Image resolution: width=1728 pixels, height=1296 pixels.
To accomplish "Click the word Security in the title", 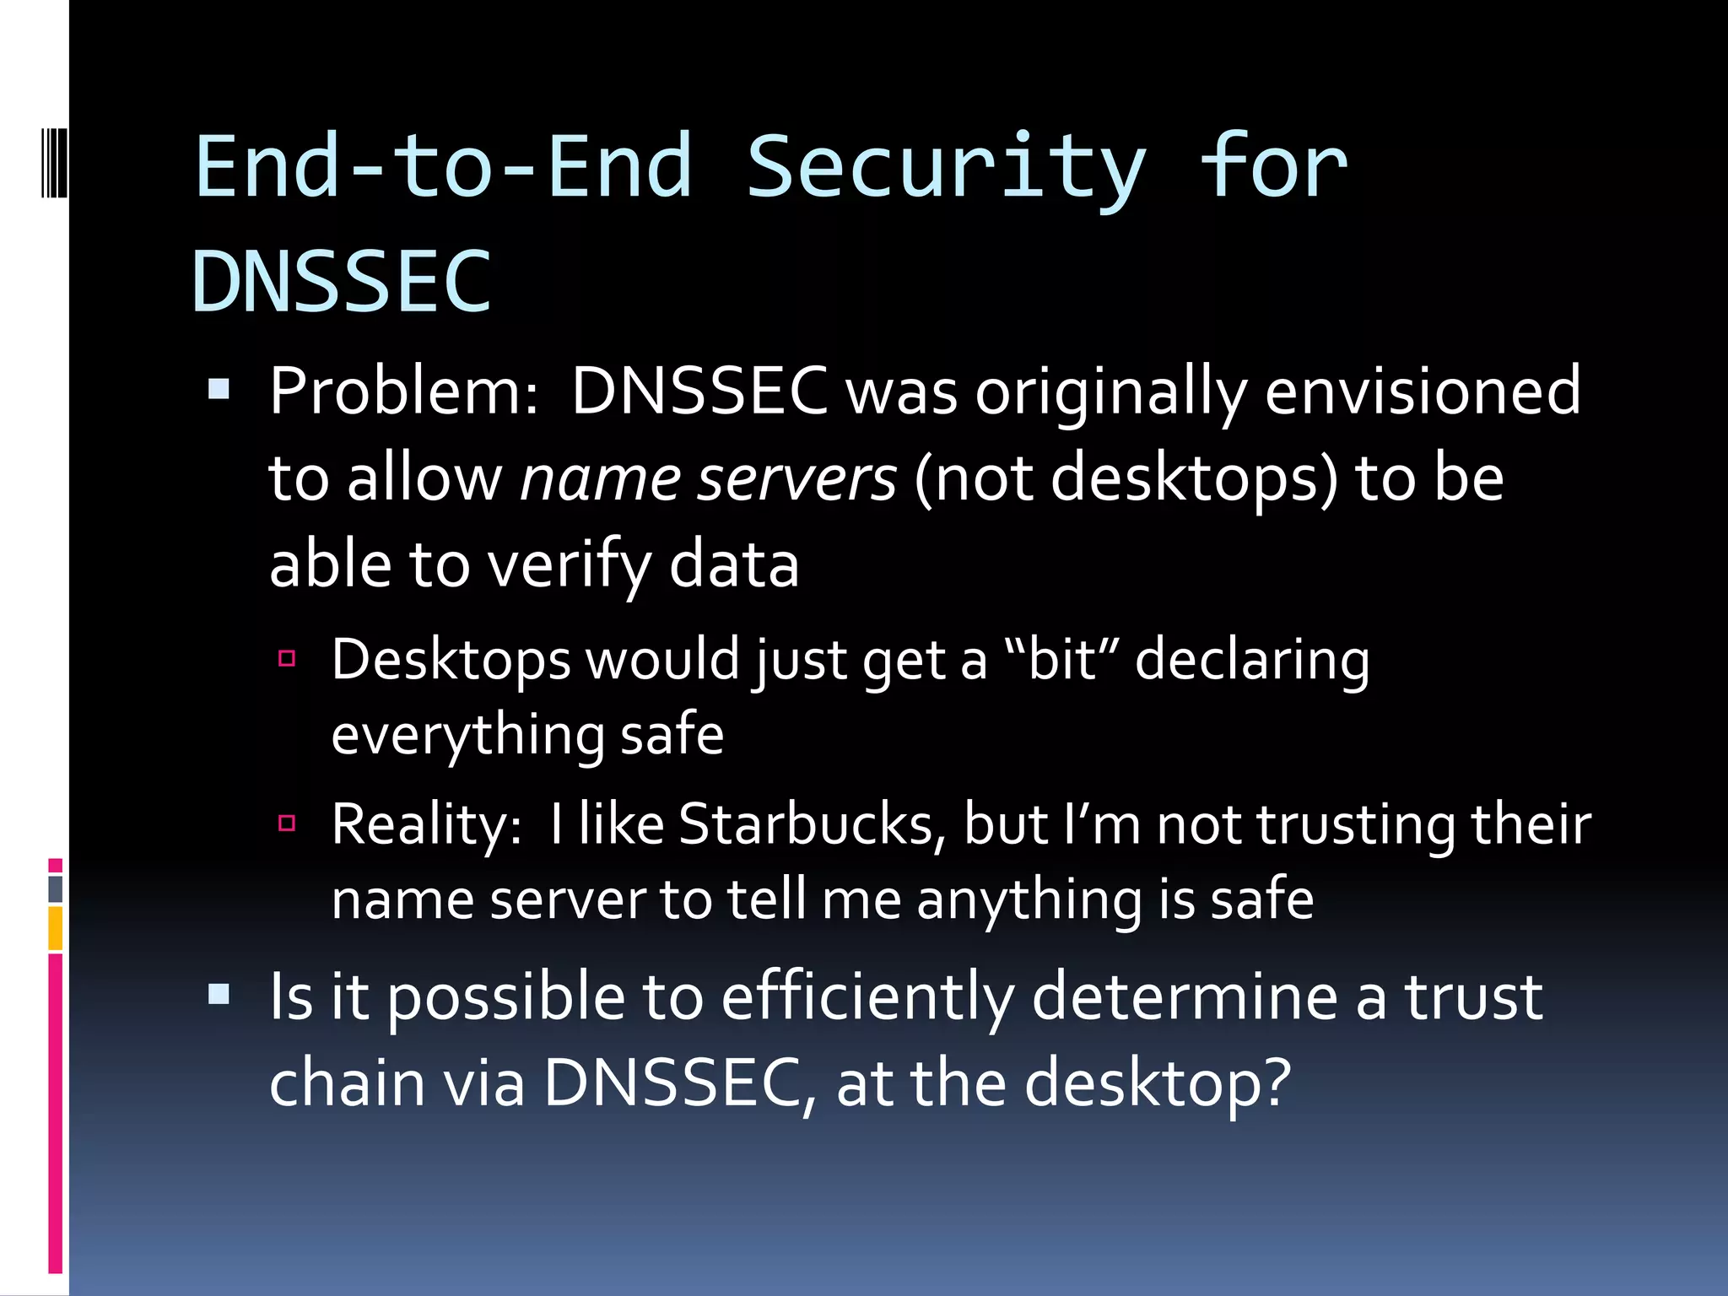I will coord(945,169).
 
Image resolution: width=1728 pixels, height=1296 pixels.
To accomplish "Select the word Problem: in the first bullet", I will coord(403,391).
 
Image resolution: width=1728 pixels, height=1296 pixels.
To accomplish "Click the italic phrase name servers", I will coord(708,478).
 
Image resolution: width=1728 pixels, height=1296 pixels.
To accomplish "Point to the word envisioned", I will coord(1422,391).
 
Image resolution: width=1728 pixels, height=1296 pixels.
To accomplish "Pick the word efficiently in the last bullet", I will coord(867,997).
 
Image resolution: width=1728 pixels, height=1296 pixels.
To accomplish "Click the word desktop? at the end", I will coord(1158,1083).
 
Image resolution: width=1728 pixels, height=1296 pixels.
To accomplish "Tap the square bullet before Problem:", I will coord(219,389).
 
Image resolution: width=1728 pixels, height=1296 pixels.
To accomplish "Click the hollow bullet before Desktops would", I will coord(287,658).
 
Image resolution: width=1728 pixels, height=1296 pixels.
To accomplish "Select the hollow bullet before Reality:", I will coord(287,823).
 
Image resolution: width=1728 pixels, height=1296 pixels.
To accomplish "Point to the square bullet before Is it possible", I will coord(219,995).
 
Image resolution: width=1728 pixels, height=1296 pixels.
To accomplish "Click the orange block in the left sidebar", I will coord(55,928).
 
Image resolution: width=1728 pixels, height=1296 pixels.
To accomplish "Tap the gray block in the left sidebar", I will coord(55,889).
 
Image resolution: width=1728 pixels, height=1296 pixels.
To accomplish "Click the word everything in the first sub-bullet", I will coord(467,735).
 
